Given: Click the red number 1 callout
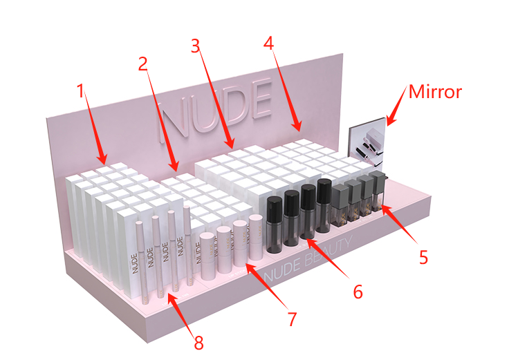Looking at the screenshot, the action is [81, 91].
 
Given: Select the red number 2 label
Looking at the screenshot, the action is [143, 64].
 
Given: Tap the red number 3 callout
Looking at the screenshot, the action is [196, 46].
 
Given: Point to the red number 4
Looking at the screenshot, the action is [268, 43].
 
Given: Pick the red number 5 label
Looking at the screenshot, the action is [423, 257].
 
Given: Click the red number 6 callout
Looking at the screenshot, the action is [358, 292].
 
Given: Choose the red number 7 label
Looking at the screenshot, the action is [292, 319].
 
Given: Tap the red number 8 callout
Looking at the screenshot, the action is [198, 343].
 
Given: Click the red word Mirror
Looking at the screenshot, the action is [435, 91].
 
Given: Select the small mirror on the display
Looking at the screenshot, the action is [367, 142].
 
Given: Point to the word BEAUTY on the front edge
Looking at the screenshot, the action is [329, 252].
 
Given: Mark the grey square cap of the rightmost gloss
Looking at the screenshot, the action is [380, 178].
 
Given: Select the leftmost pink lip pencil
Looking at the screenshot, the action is [142, 263].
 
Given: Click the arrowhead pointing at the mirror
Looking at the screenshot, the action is [392, 117].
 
